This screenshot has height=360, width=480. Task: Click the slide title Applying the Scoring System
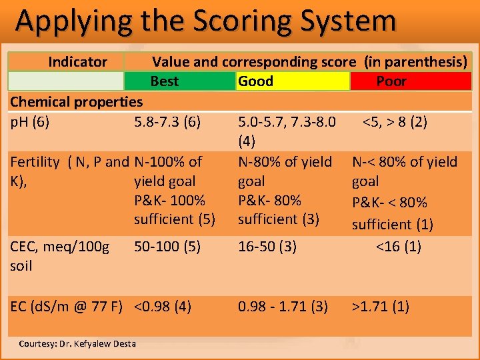click(x=205, y=21)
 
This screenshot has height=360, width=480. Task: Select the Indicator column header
click(x=77, y=62)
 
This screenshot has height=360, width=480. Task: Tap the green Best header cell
click(x=165, y=81)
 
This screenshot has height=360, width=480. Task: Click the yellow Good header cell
click(x=255, y=81)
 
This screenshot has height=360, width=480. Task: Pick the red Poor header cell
click(x=391, y=81)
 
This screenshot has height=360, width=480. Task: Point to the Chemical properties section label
click(x=76, y=102)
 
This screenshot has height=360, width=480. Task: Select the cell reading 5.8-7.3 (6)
click(x=167, y=122)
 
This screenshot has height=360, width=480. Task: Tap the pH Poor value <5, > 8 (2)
click(x=395, y=122)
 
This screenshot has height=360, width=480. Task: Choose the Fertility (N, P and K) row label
click(x=69, y=171)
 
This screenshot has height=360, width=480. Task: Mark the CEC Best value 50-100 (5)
click(x=167, y=246)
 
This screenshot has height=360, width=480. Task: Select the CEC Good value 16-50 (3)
click(x=267, y=246)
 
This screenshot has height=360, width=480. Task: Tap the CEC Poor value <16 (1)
click(x=398, y=246)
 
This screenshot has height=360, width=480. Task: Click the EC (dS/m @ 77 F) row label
click(x=65, y=307)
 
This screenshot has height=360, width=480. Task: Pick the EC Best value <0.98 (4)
click(x=163, y=307)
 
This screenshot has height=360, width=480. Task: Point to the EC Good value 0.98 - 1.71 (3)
click(x=283, y=307)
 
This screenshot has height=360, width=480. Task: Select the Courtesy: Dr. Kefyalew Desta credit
click(x=77, y=344)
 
